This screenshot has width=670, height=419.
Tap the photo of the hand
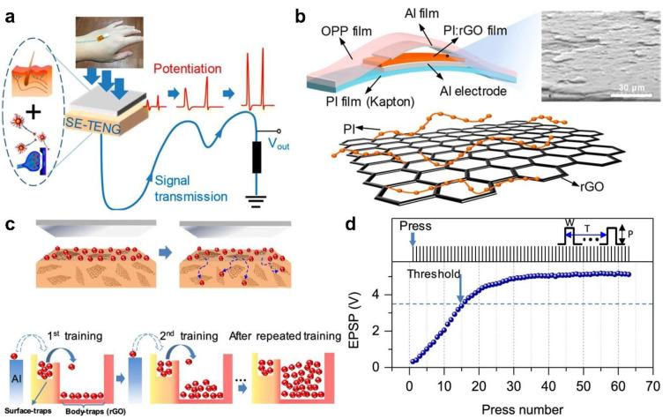(x=119, y=34)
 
